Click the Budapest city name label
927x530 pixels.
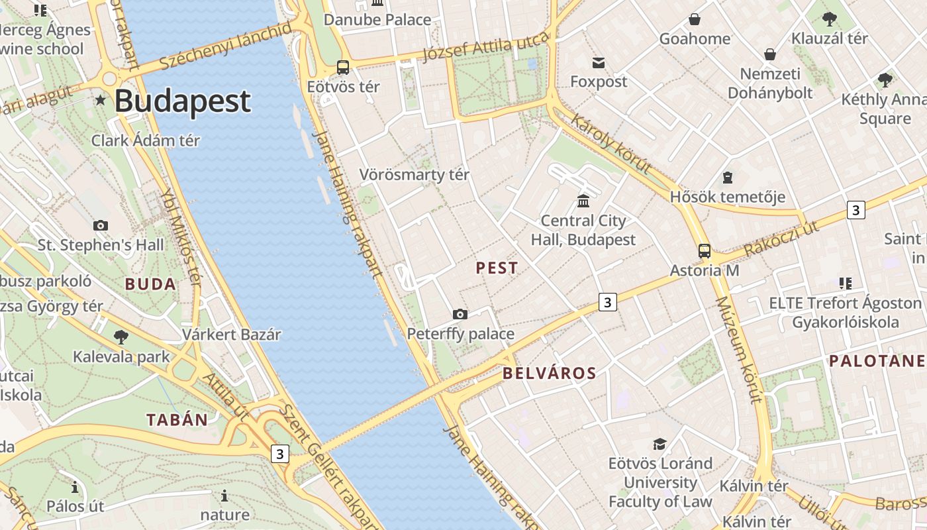click(182, 101)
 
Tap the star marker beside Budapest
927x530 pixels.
click(101, 100)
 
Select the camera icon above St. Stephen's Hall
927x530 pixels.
click(101, 225)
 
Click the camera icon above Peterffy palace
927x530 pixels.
click(460, 314)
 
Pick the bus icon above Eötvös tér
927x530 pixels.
click(343, 67)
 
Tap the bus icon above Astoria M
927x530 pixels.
click(705, 251)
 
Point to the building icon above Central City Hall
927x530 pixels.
click(583, 201)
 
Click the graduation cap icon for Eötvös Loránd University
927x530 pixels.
click(659, 444)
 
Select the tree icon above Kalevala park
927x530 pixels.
click(121, 337)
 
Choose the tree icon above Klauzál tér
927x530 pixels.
click(829, 19)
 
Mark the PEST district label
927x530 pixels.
click(497, 268)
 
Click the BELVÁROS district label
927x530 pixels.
click(550, 373)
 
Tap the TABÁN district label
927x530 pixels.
click(177, 419)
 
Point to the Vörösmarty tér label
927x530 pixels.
click(414, 175)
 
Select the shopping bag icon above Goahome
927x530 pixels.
click(695, 19)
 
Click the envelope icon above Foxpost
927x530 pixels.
click(599, 62)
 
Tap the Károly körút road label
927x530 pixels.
click(610, 143)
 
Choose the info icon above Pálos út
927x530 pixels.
click(75, 488)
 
